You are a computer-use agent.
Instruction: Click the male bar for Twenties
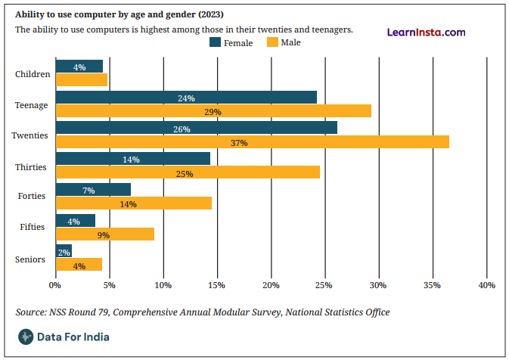tap(253, 142)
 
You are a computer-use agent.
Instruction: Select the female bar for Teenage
tap(186, 98)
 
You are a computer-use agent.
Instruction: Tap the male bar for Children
tap(82, 79)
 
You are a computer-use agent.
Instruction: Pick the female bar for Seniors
tap(64, 251)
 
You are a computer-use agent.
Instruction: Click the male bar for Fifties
tap(105, 234)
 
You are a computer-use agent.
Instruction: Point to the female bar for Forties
tap(94, 190)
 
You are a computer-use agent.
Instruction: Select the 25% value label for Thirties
tap(185, 174)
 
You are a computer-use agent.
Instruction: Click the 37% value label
tap(239, 143)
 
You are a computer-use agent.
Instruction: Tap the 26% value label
tap(182, 129)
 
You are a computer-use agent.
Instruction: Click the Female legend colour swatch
tap(216, 42)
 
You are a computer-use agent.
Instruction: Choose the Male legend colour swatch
tap(273, 42)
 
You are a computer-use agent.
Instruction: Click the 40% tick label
tap(487, 285)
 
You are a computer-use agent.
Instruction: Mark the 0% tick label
tap(55, 285)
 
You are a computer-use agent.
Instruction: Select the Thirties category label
tap(31, 167)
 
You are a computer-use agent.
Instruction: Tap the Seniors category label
tap(30, 259)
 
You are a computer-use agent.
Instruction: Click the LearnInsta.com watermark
tap(427, 32)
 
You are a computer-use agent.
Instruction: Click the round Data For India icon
tap(26, 337)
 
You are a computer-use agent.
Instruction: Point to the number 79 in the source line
tap(103, 312)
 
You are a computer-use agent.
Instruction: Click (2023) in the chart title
tap(211, 14)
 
